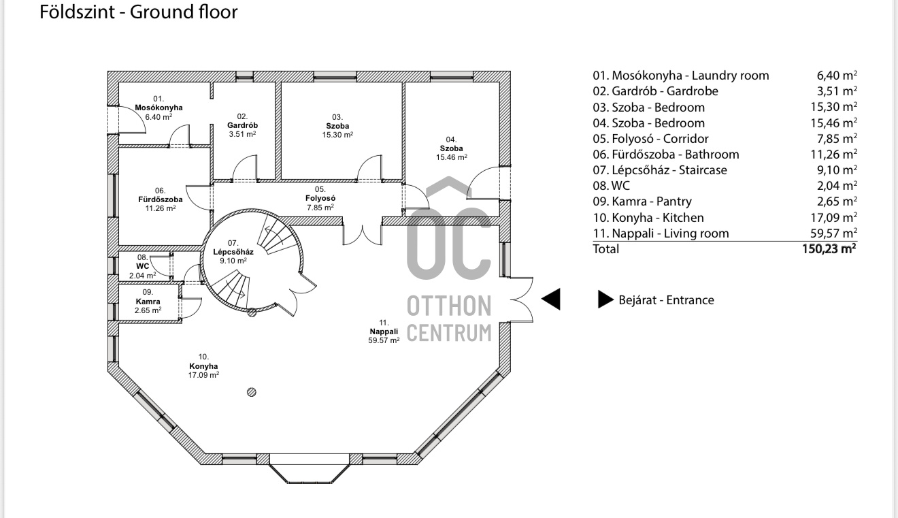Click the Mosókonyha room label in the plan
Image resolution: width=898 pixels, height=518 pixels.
pyautogui.click(x=159, y=108)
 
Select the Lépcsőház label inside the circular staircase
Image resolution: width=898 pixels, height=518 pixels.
pyautogui.click(x=233, y=251)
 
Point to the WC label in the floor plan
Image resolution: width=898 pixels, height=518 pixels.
pyautogui.click(x=142, y=266)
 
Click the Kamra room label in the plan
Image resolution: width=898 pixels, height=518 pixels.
pyautogui.click(x=148, y=301)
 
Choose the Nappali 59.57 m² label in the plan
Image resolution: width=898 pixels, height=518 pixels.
pyautogui.click(x=383, y=331)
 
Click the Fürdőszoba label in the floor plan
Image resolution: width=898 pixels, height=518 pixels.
pyautogui.click(x=160, y=199)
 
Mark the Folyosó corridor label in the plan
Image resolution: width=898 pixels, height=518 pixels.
pyautogui.click(x=320, y=198)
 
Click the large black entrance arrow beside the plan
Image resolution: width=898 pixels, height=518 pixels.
pyautogui.click(x=551, y=300)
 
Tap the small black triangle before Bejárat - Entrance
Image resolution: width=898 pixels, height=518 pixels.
pyautogui.click(x=605, y=300)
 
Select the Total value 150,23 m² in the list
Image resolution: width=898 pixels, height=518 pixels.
pyautogui.click(x=829, y=249)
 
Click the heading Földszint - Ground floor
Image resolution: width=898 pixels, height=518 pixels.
pyautogui.click(x=139, y=12)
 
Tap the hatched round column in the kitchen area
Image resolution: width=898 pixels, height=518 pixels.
pyautogui.click(x=252, y=391)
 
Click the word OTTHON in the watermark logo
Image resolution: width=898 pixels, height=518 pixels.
pyautogui.click(x=449, y=306)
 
